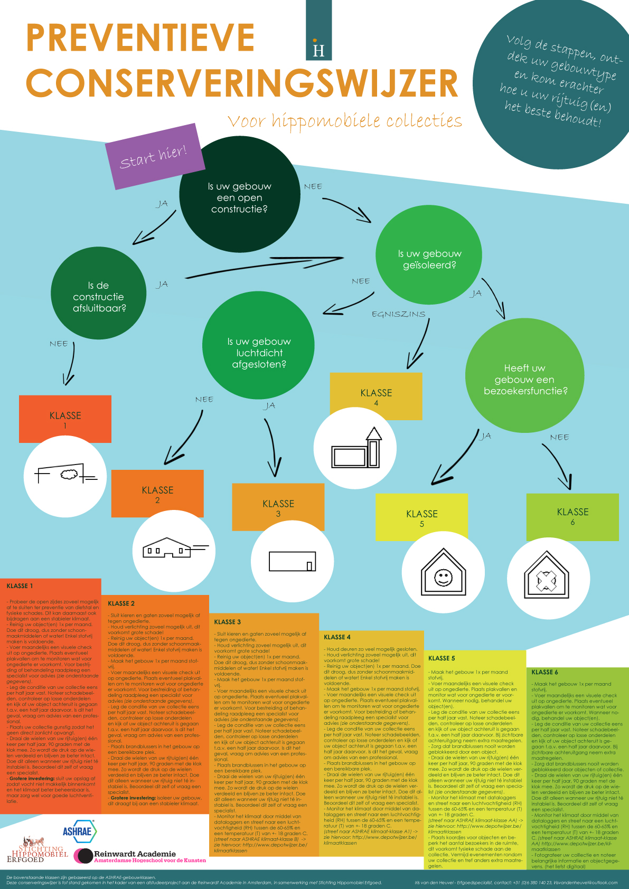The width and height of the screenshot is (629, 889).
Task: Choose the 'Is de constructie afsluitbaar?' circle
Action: [99, 296]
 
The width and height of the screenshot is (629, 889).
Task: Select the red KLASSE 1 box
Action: [65, 419]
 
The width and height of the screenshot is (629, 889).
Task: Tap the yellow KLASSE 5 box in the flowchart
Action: [421, 517]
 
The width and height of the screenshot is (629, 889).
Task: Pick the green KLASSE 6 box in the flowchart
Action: [572, 516]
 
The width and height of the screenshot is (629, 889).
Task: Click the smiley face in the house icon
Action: [443, 577]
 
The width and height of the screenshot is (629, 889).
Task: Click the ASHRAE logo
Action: [78, 831]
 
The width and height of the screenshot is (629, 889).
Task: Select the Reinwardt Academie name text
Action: [135, 854]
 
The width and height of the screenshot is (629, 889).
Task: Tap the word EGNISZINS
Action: [398, 314]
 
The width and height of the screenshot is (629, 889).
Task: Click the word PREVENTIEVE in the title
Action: [140, 38]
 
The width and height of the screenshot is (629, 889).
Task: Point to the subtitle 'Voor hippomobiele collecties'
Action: [344, 121]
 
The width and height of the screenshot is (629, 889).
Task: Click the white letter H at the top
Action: [318, 51]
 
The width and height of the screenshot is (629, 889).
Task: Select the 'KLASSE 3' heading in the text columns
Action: [228, 622]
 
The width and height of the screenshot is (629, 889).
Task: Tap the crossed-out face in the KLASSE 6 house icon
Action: [546, 581]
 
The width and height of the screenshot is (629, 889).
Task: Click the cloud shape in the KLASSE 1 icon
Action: [68, 475]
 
